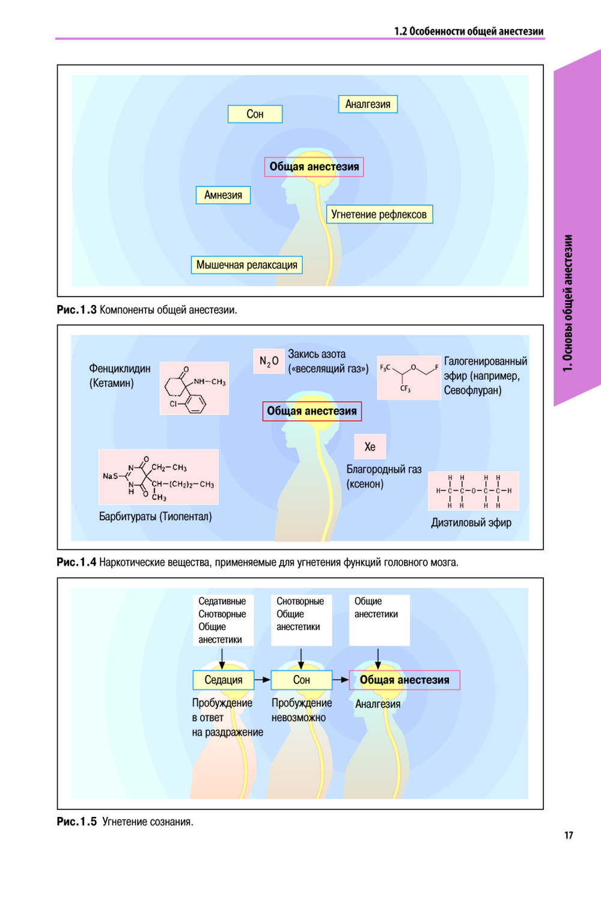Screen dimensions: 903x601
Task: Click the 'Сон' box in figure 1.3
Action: (x=255, y=114)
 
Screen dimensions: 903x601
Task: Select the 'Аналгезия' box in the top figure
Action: (x=368, y=104)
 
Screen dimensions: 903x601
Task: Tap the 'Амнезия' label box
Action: (x=223, y=195)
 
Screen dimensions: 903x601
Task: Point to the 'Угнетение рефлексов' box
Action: (x=379, y=214)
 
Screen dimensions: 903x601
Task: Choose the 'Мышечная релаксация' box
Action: (x=246, y=265)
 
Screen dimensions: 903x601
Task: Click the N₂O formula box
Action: (x=269, y=361)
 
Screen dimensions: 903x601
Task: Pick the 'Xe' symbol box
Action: (x=370, y=446)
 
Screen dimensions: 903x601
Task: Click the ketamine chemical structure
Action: (x=194, y=388)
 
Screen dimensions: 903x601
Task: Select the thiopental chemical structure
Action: (x=158, y=476)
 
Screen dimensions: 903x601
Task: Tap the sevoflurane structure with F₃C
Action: (x=409, y=377)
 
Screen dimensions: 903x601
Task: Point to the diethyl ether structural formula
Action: (x=473, y=491)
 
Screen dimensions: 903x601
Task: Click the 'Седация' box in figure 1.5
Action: (x=224, y=680)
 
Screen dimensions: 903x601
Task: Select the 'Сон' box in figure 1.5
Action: (x=301, y=680)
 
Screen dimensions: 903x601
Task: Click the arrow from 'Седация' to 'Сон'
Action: (x=263, y=680)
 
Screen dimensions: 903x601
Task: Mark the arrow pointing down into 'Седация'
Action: (x=222, y=658)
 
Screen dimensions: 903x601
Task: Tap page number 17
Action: (x=569, y=835)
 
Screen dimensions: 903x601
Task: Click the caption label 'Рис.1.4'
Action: (x=76, y=562)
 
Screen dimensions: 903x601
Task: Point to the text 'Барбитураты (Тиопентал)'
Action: (x=155, y=516)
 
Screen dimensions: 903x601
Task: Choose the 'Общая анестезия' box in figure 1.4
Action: (x=312, y=411)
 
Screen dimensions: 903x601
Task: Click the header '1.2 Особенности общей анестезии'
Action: (x=469, y=31)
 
